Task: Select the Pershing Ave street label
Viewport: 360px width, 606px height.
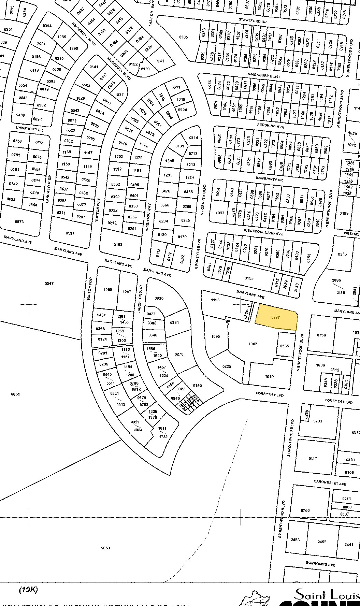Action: pos(271,126)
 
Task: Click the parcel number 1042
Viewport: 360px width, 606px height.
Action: pos(253,344)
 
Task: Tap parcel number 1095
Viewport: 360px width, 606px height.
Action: pos(215,336)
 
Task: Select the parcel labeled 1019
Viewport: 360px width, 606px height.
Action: pos(269,377)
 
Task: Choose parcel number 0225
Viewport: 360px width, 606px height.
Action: pos(227,366)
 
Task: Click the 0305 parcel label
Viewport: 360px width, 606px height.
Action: pos(183,37)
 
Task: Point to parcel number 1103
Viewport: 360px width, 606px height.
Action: pos(215,300)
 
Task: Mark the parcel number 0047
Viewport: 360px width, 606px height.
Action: pos(49,284)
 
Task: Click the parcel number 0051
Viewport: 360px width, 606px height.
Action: pos(15,394)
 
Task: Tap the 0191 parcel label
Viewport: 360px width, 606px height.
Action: pos(70,233)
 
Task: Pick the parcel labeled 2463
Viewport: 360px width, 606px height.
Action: pos(295,540)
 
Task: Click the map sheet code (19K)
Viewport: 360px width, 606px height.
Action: pos(28,590)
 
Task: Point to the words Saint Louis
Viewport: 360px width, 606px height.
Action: pos(327,594)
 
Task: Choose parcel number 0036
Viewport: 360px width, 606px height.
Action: pos(159,298)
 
